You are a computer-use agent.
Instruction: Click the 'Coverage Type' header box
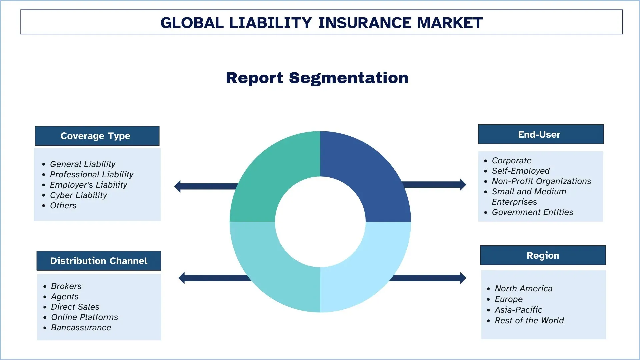[97, 136]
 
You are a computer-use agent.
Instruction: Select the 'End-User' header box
[541, 134]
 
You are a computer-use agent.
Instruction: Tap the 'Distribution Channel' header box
[99, 261]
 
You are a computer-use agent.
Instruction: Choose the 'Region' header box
[543, 255]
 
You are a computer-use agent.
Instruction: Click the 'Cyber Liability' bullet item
[78, 195]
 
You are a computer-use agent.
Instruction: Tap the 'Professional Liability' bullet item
[92, 174]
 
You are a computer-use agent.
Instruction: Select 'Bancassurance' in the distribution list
[81, 327]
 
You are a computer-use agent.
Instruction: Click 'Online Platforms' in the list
[84, 317]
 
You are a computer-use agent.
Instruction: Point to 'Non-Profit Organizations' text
[541, 181]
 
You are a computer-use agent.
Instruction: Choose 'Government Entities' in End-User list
[532, 212]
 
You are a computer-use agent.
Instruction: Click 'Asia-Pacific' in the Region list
[518, 310]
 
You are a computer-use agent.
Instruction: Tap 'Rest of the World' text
[529, 320]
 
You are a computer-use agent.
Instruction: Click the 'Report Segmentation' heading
[317, 78]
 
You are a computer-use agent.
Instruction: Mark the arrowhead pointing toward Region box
[463, 278]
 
